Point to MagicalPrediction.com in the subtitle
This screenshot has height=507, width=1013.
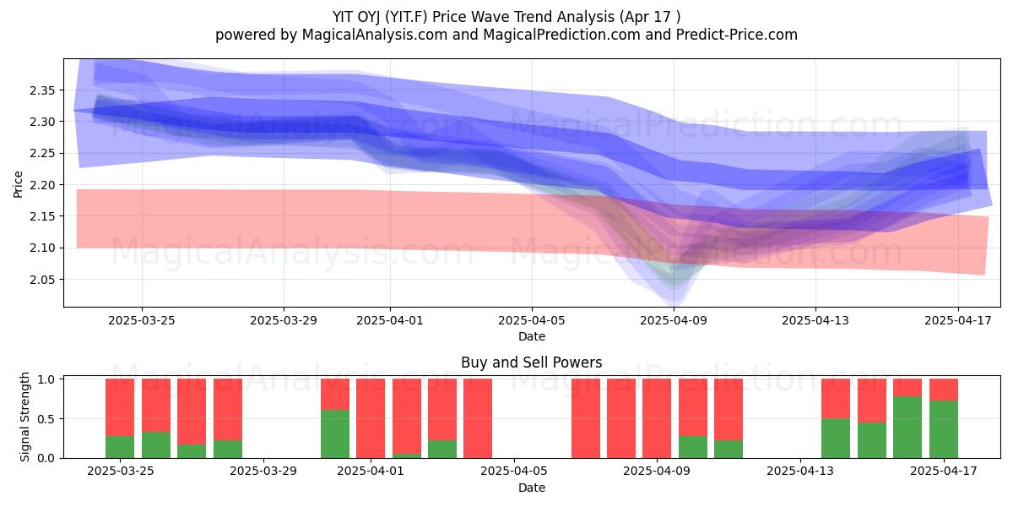coord(561,35)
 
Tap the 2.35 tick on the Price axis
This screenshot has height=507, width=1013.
coord(42,90)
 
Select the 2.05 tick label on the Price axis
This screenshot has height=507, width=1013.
coord(42,280)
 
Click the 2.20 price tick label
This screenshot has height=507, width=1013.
coord(42,185)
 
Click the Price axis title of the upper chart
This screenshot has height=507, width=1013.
coord(18,184)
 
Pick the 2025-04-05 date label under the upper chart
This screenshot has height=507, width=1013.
coord(531,320)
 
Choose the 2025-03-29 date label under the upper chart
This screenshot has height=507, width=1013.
coord(284,320)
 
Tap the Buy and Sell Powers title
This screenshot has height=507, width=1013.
coord(531,363)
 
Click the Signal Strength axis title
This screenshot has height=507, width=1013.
coord(24,417)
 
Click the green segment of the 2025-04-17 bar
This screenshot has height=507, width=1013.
coord(944,429)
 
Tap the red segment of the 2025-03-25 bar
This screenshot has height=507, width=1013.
coord(120,407)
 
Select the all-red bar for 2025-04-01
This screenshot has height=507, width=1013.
coord(371,418)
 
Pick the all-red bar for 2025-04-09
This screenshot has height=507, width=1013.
coord(657,418)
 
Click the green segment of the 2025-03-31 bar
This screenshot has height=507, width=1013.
coord(335,433)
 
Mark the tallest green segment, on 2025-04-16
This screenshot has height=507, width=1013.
coord(907,428)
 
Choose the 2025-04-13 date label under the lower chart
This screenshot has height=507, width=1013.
coord(800,471)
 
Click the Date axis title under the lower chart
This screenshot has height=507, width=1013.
coord(531,488)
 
